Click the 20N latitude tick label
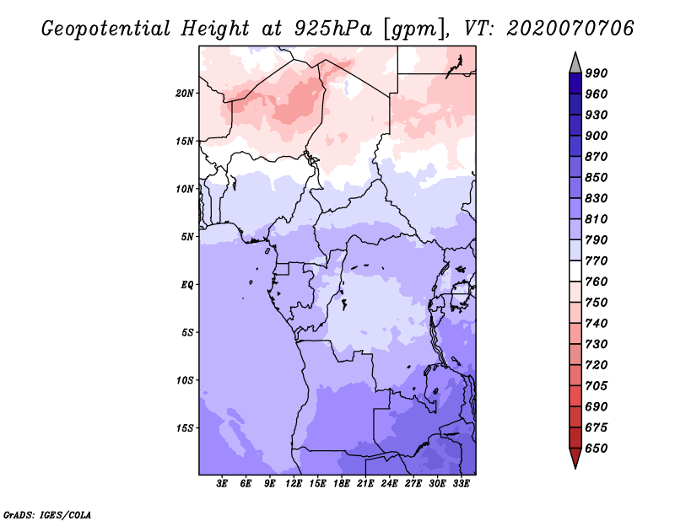click(185, 93)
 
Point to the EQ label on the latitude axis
click(186, 285)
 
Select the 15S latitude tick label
click(185, 428)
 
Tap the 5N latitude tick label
click(186, 237)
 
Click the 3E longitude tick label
click(222, 484)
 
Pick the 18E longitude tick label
click(342, 484)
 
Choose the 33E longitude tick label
click(461, 484)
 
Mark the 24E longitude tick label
click(389, 484)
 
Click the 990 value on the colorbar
click(597, 73)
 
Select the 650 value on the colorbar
click(597, 448)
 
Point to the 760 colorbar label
click(597, 282)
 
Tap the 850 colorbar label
click(597, 178)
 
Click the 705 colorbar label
click(597, 386)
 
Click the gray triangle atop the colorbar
click(575, 62)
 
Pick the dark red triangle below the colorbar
click(575, 459)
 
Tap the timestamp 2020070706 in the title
click(570, 29)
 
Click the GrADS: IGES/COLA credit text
click(47, 513)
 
